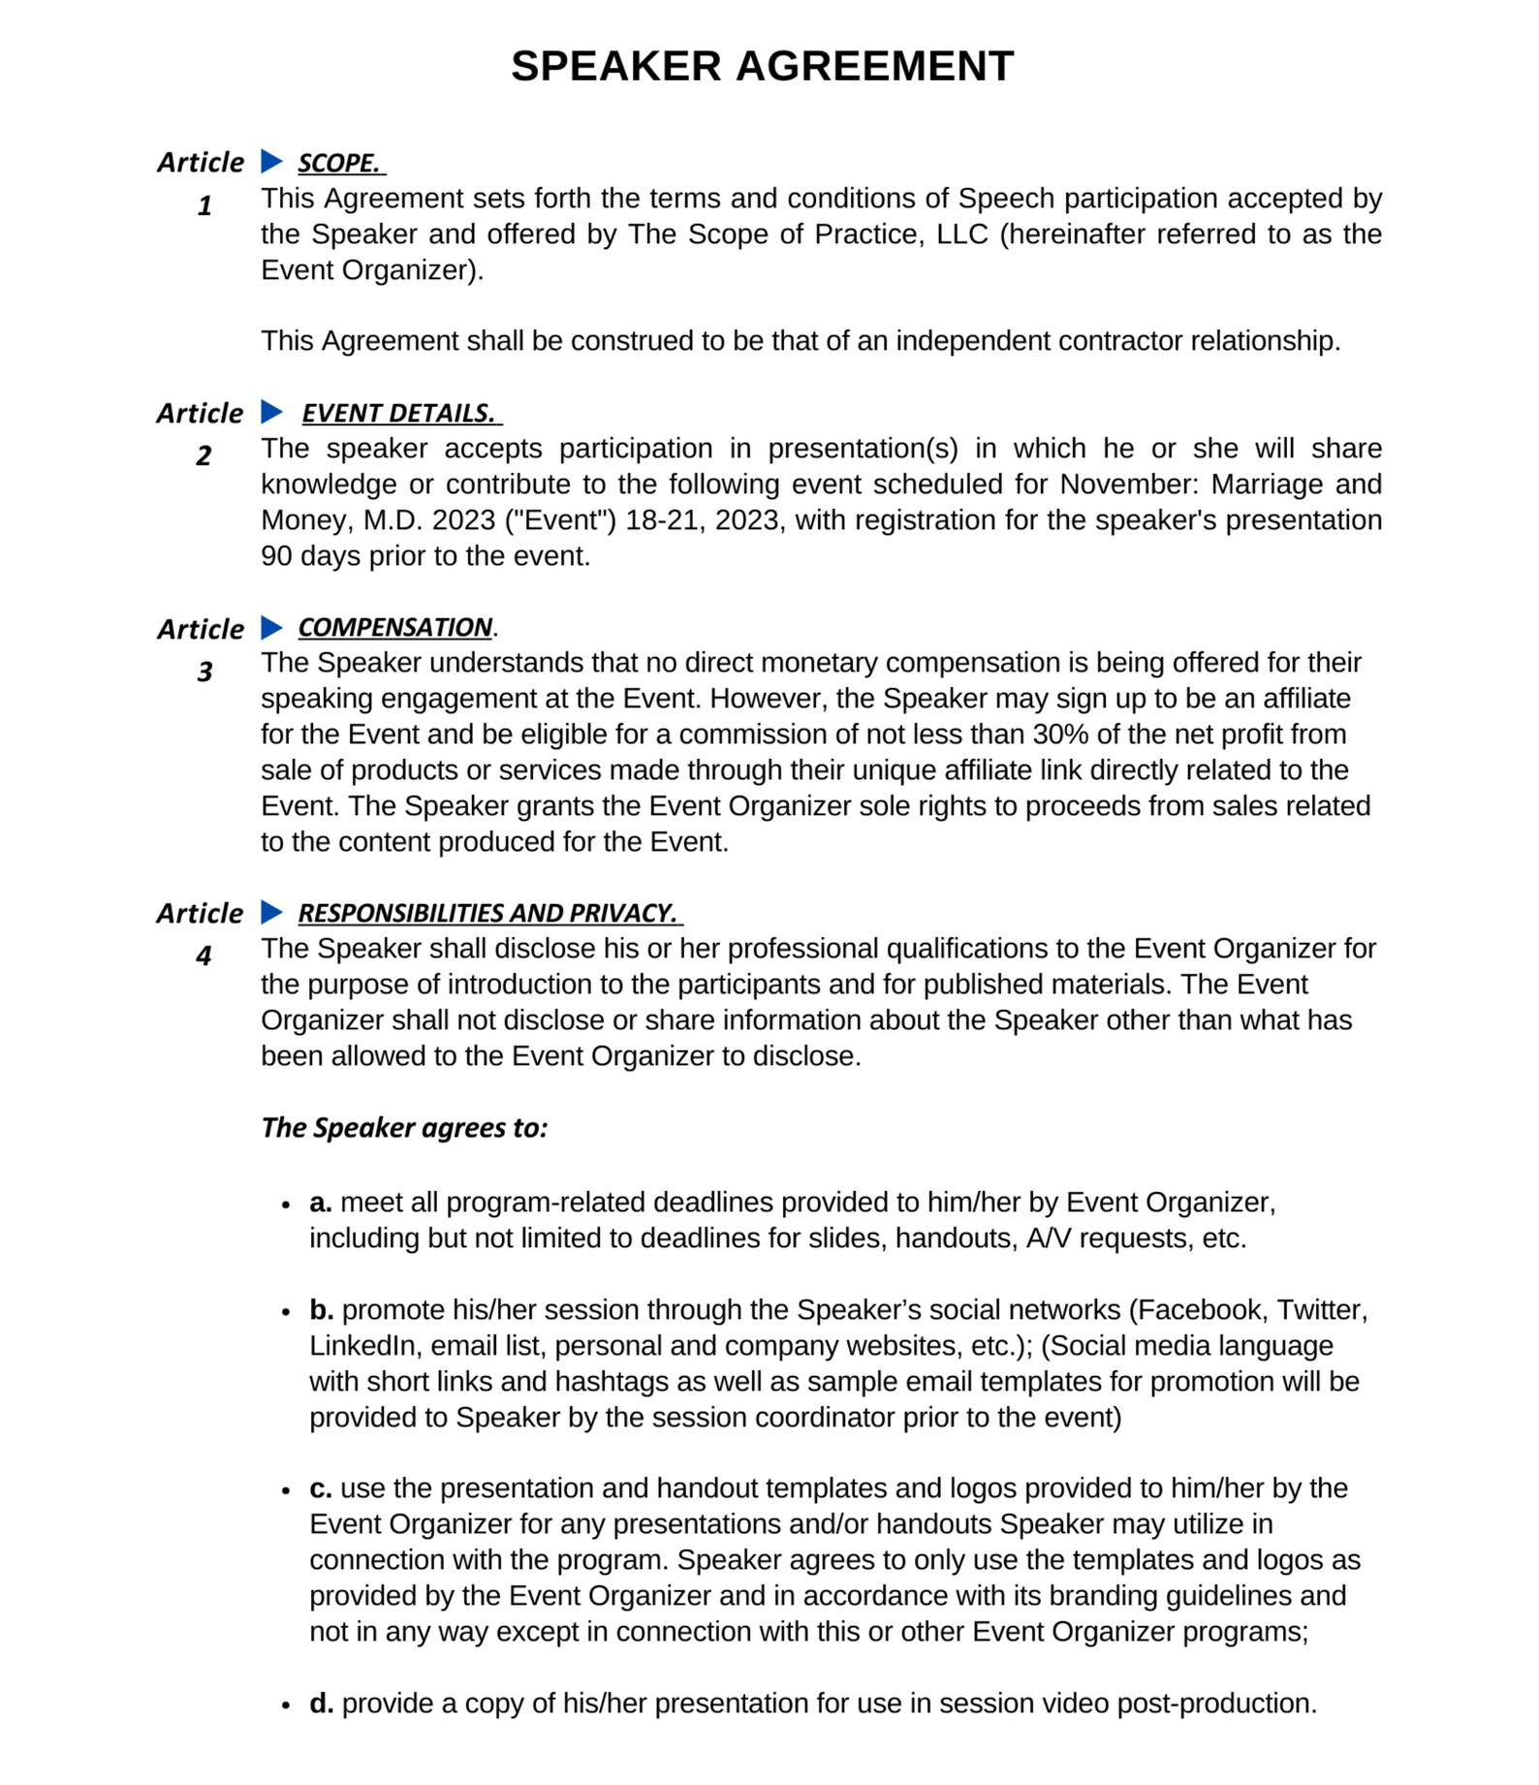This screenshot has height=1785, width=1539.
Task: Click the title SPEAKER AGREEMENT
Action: pos(762,67)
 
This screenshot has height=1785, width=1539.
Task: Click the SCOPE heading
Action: pos(339,163)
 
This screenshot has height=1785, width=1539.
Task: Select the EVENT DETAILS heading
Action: pos(399,413)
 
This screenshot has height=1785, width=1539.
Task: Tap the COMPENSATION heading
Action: pos(395,628)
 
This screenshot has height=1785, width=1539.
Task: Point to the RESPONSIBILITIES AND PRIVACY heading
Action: pos(487,913)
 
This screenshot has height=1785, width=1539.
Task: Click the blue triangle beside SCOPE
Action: pos(271,161)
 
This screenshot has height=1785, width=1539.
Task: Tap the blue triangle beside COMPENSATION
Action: pos(271,628)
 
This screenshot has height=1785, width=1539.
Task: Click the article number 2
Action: pos(204,455)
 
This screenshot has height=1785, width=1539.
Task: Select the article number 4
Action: pos(204,955)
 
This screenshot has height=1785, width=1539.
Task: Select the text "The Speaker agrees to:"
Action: pos(404,1128)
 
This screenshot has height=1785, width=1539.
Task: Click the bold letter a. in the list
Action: pos(321,1203)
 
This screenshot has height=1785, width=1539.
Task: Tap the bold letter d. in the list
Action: pos(322,1704)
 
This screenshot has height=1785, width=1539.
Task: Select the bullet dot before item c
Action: pos(286,1490)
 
